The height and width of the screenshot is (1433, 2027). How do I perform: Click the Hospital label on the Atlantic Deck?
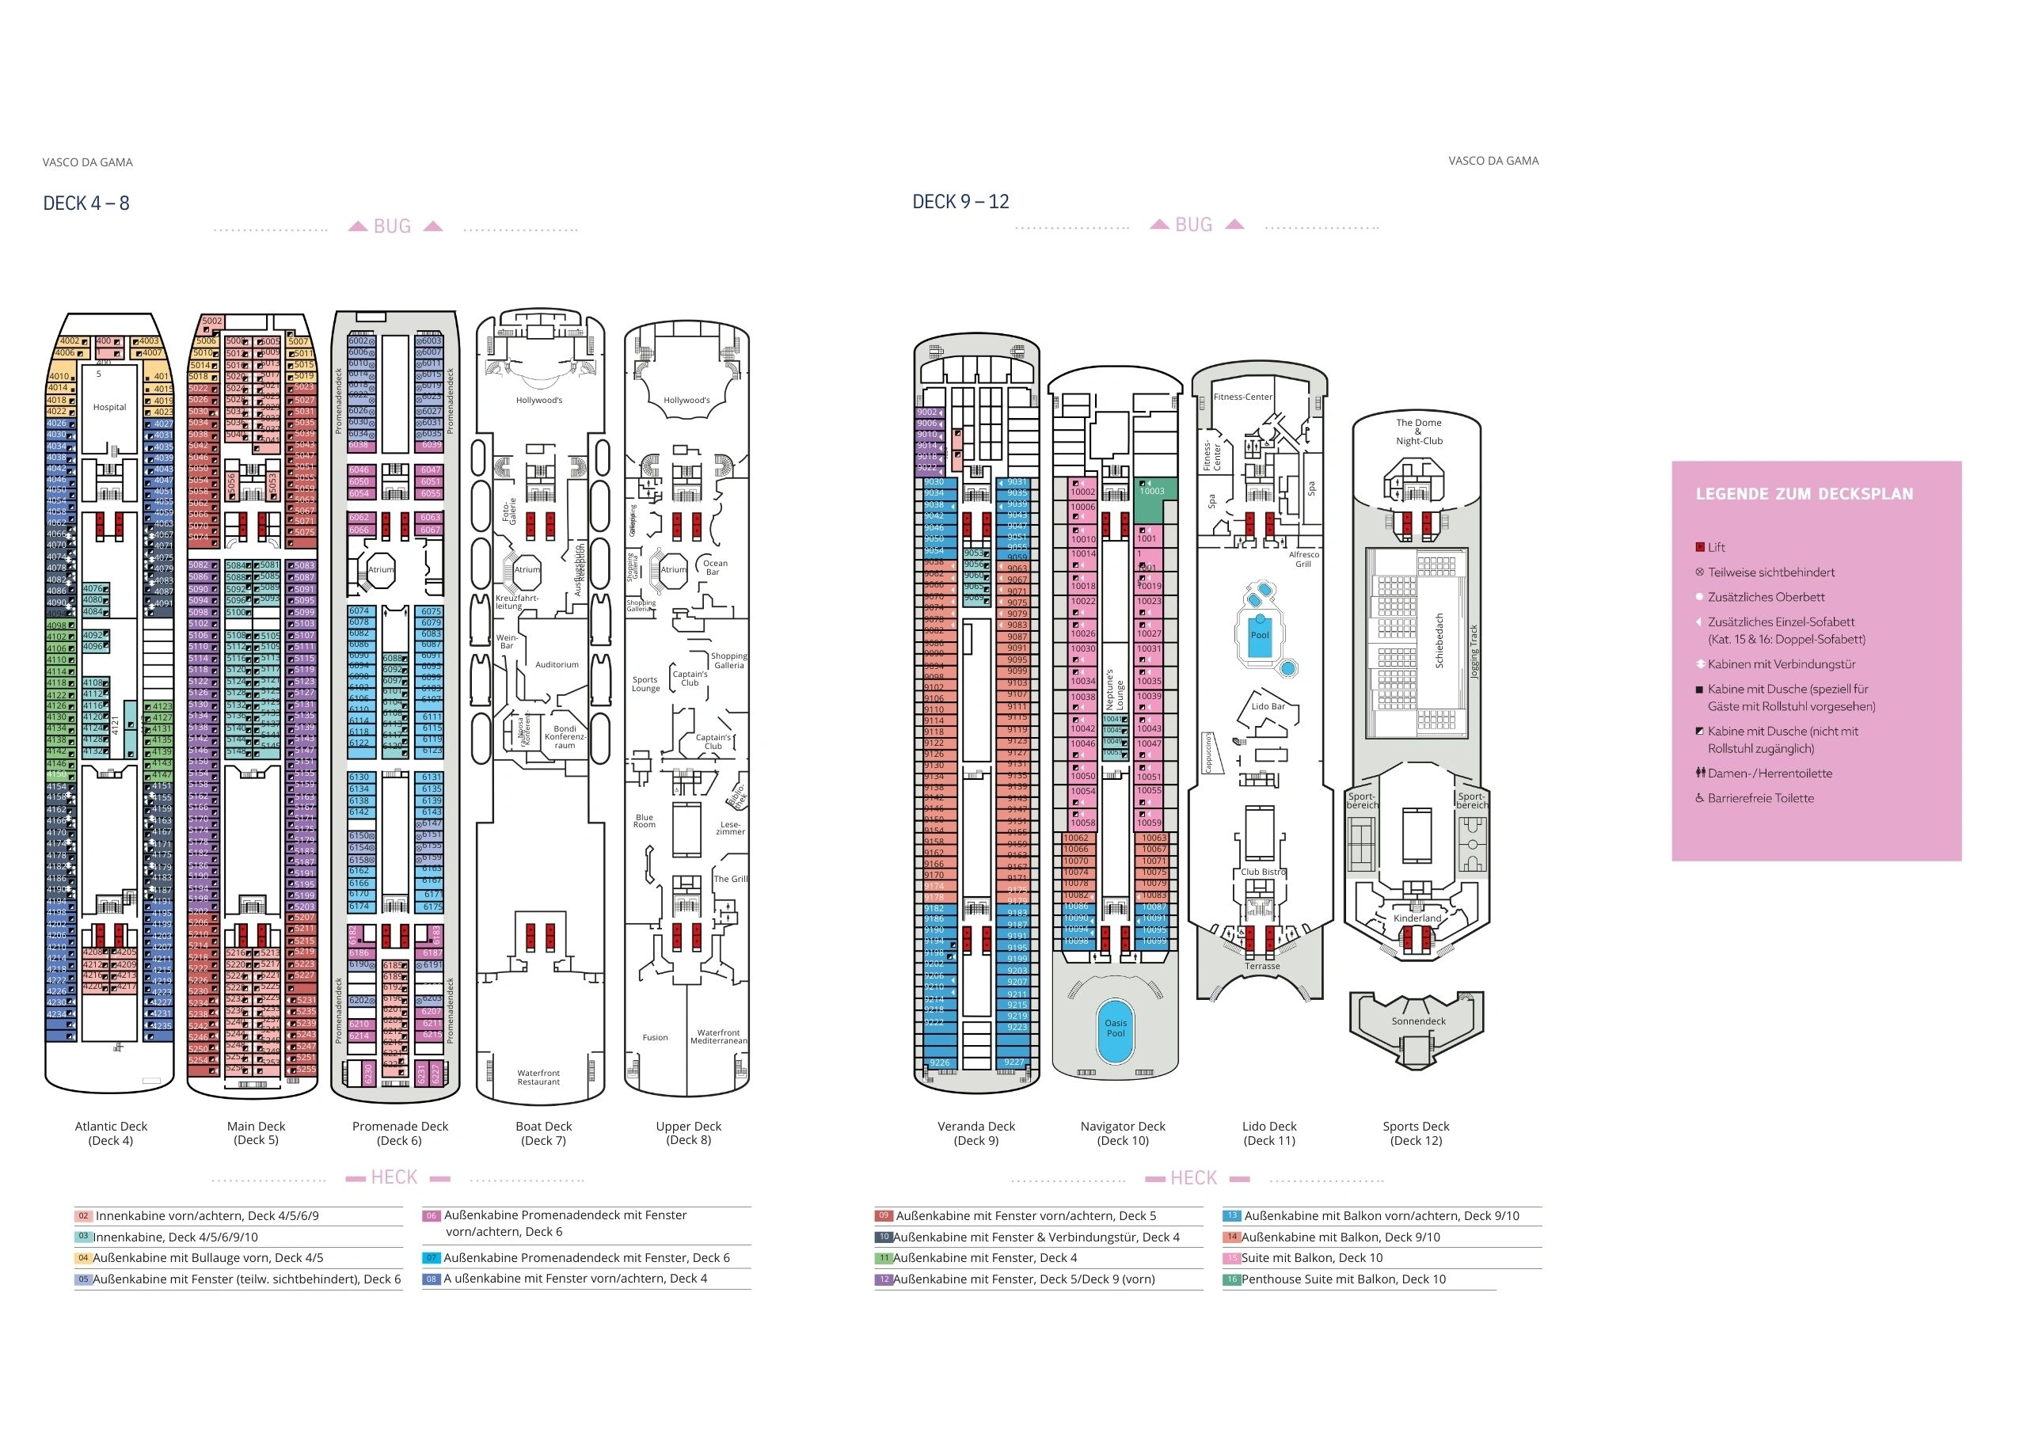[x=109, y=407]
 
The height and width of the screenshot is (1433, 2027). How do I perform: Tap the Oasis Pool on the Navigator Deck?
[x=1115, y=1028]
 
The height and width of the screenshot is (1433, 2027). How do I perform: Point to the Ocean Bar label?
[x=714, y=567]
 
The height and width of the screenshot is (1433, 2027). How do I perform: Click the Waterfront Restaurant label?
[x=538, y=1078]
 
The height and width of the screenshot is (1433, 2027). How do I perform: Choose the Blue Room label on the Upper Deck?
[x=645, y=821]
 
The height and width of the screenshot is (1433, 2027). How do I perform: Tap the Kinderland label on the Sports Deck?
[x=1417, y=918]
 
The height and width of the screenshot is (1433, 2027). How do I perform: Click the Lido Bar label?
[x=1268, y=706]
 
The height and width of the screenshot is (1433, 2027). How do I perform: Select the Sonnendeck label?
[x=1418, y=1021]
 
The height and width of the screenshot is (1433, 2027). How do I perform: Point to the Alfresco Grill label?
[x=1303, y=559]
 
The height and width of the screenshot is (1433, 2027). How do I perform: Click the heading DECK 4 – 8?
[x=86, y=204]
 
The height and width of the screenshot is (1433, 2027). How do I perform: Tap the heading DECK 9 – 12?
[x=960, y=202]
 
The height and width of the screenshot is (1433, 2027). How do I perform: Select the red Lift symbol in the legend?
[x=1699, y=547]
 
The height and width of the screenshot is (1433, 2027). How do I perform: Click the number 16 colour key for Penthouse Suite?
[x=1230, y=1279]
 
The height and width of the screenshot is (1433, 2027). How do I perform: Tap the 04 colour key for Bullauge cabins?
[x=83, y=1258]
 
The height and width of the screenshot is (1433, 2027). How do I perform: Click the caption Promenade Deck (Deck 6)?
[x=400, y=1133]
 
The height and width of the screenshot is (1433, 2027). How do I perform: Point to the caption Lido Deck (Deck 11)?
[x=1268, y=1133]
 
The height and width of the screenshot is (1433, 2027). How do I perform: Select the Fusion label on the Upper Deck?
[x=655, y=1037]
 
